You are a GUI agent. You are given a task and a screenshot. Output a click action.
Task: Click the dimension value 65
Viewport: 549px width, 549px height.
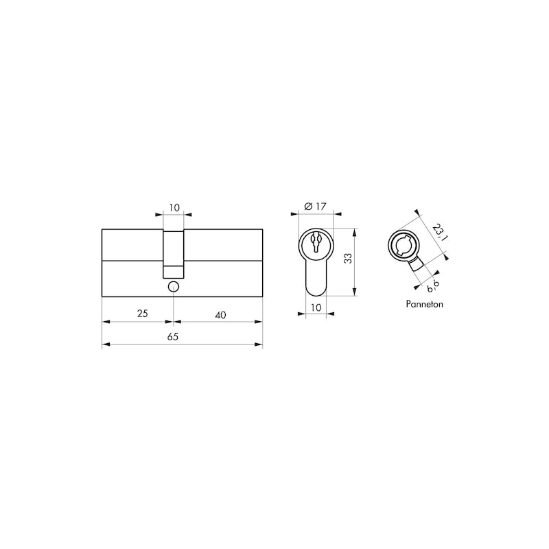(x=173, y=336)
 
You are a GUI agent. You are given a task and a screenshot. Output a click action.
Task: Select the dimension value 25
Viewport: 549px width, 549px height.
(x=143, y=314)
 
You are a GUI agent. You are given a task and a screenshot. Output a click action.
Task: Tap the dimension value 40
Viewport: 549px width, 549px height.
(x=220, y=315)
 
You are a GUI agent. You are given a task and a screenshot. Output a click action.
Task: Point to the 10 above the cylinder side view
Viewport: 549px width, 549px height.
(x=174, y=208)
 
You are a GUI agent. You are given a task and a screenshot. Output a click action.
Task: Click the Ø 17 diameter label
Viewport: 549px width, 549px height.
(x=315, y=207)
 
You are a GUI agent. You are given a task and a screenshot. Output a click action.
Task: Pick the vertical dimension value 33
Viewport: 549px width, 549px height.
(x=348, y=259)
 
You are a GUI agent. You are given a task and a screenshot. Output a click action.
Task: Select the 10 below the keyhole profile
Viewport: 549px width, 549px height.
(x=316, y=307)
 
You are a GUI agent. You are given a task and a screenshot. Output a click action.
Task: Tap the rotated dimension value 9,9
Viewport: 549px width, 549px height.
(x=433, y=285)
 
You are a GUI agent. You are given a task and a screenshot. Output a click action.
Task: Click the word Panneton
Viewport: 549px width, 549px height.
(x=424, y=304)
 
